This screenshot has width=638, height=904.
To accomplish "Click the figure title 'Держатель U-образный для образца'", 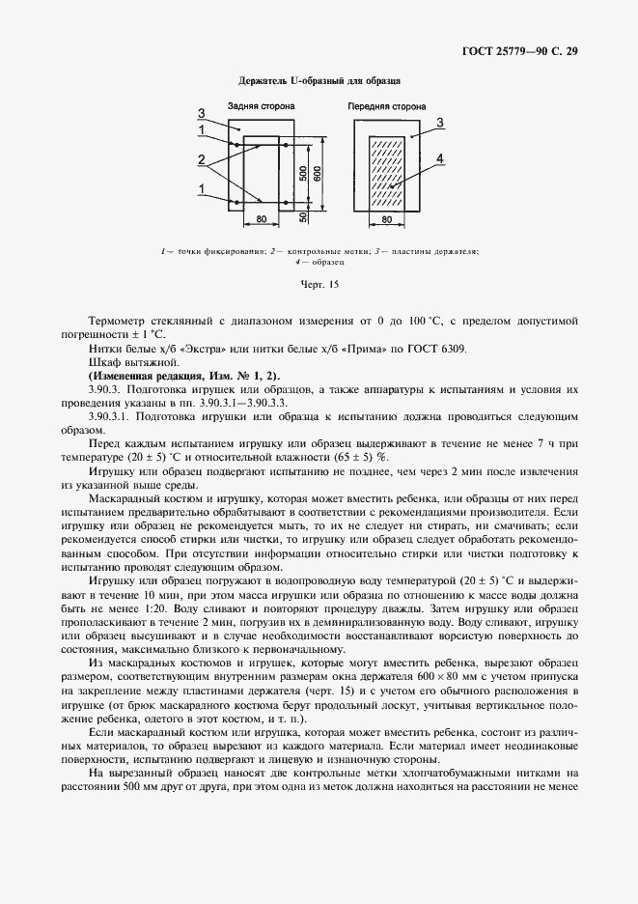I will click(x=319, y=83).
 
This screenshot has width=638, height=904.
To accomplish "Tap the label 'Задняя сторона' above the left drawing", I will click(x=261, y=106).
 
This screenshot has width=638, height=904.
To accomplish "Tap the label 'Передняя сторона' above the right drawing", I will click(x=385, y=106).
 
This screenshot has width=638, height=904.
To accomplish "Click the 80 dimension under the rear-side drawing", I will click(x=261, y=221).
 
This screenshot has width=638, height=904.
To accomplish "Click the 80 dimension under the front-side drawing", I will click(x=386, y=221).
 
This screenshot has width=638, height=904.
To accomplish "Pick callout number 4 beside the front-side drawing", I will click(x=439, y=158).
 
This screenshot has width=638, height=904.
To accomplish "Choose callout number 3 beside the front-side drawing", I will click(x=439, y=123).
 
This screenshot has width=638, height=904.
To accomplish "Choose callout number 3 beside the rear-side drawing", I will click(x=202, y=114).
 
